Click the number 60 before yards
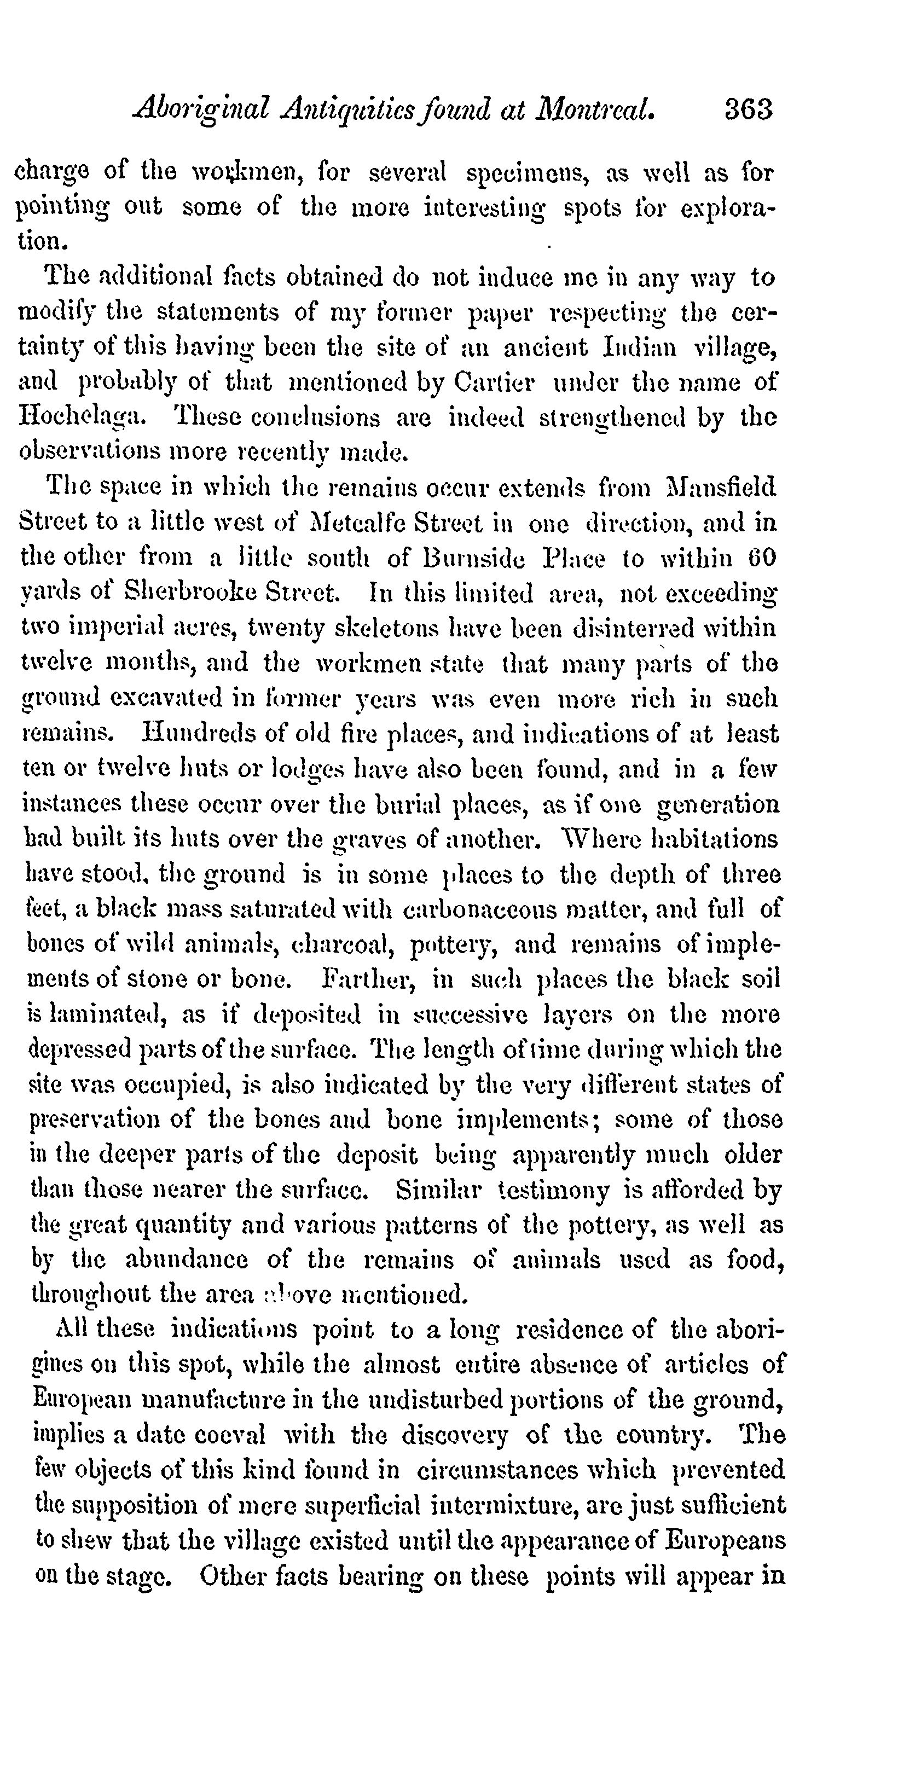762,558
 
